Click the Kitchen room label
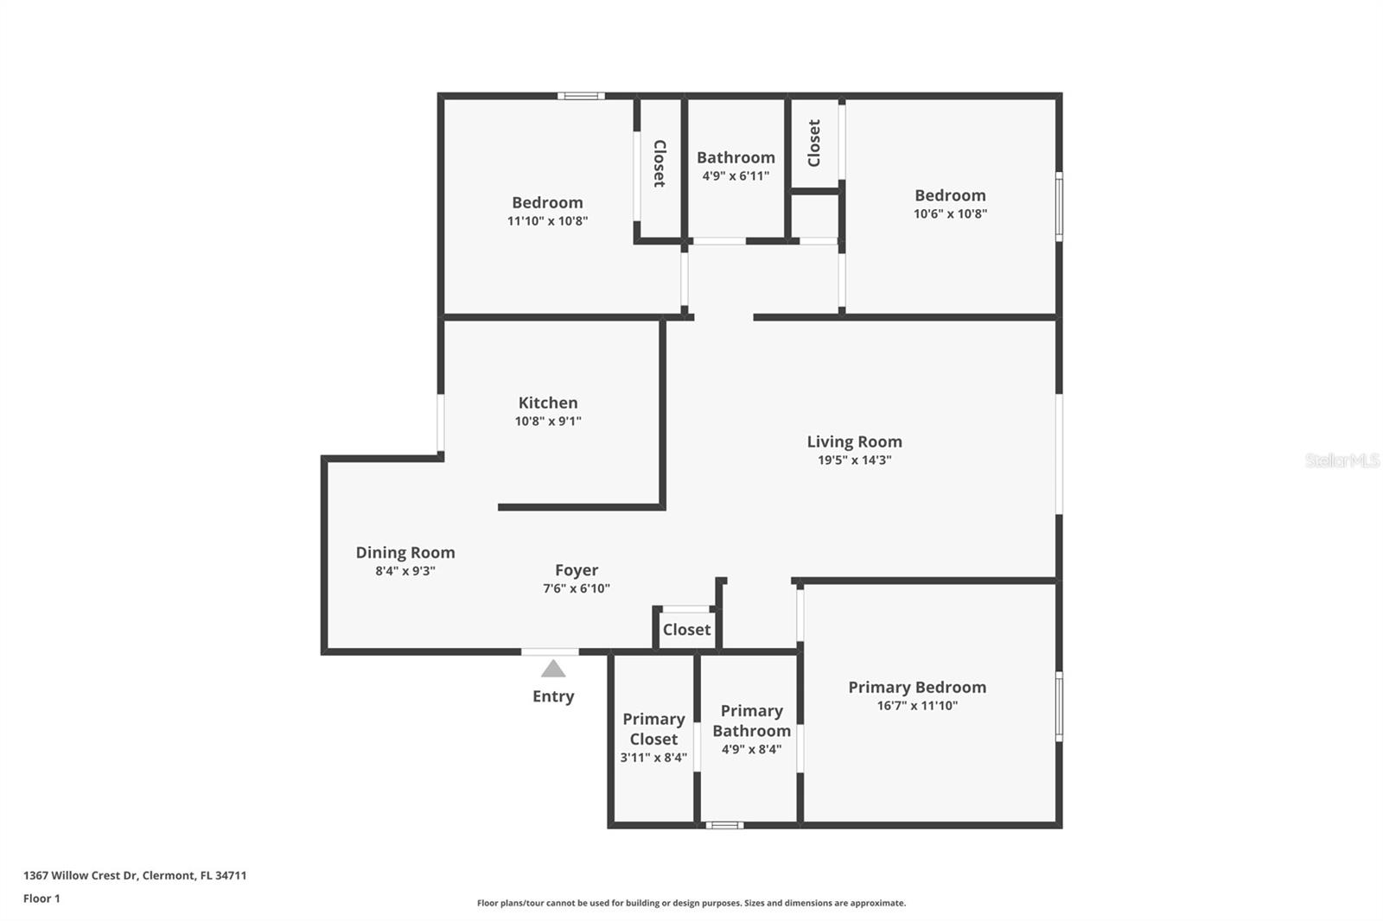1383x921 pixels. point(548,403)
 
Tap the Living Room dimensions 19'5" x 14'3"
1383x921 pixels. point(854,460)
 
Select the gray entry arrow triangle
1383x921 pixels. point(553,669)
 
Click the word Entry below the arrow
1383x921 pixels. point(553,696)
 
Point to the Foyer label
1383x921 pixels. point(577,570)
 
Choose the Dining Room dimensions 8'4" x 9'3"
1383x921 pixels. point(405,571)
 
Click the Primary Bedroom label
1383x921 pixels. point(917,687)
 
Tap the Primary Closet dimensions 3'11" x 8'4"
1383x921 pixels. point(653,758)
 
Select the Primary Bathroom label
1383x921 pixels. point(751,721)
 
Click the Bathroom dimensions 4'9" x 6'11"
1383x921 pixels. point(736,176)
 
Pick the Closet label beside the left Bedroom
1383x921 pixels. point(660,163)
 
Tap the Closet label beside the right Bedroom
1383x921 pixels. point(814,143)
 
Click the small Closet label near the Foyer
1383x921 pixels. point(686,630)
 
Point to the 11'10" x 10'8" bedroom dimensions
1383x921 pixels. point(547,221)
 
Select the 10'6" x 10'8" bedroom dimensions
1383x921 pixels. point(950,214)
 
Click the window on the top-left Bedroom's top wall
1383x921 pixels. point(581,96)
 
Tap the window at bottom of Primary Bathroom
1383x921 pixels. point(724,825)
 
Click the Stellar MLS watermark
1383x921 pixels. point(1342,460)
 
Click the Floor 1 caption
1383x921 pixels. point(41,899)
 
